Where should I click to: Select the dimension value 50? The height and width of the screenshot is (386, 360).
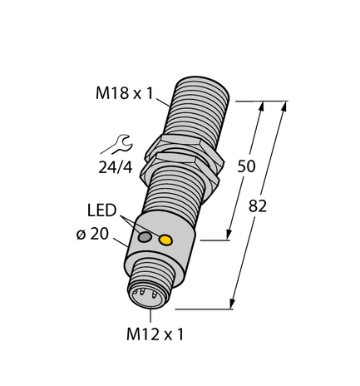tap(247, 166)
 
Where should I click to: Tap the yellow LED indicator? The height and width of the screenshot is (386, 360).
tap(165, 241)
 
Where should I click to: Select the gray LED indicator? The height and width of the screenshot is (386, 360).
tap(146, 239)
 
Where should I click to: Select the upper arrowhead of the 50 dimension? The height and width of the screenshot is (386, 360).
tap(264, 106)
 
